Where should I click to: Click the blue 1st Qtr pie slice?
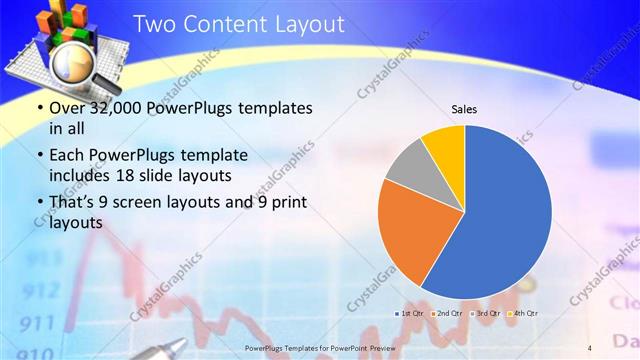(505, 215)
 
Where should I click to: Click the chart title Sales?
(464, 108)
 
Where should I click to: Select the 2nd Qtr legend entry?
(448, 314)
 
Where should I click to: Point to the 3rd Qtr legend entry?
(485, 314)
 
